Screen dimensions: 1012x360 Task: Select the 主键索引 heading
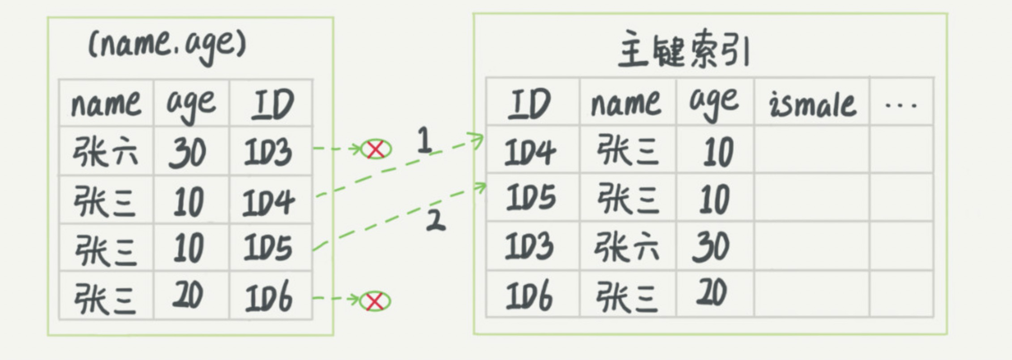click(684, 50)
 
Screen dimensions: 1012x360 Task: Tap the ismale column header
click(812, 104)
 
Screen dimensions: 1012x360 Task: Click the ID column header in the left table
click(272, 105)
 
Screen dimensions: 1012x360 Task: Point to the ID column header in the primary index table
click(529, 104)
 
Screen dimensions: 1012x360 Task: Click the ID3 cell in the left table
click(268, 151)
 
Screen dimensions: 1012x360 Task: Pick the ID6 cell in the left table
click(269, 296)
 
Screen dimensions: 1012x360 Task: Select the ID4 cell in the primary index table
click(530, 151)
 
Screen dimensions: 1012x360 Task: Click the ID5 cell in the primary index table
click(531, 197)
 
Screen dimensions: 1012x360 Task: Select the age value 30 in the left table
click(187, 153)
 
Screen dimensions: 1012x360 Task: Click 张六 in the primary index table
click(626, 247)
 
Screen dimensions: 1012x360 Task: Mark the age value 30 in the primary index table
click(711, 247)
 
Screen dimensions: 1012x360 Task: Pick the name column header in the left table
click(106, 105)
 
